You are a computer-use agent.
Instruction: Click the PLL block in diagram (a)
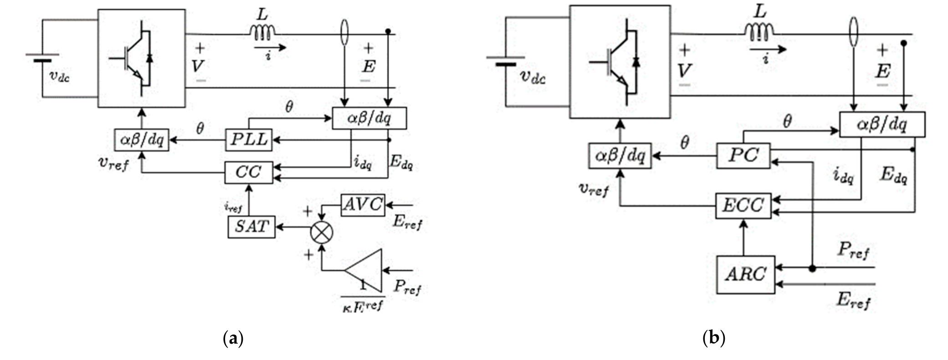(249, 139)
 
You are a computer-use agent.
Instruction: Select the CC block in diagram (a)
(249, 172)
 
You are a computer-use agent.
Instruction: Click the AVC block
(363, 205)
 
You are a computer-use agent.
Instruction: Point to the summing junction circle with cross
(322, 232)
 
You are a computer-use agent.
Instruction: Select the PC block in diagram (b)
(743, 156)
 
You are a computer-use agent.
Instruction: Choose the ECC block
(743, 206)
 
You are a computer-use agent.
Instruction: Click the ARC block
(745, 274)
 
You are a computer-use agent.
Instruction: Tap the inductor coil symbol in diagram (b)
(759, 31)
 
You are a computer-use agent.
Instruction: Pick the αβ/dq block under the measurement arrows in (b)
(882, 124)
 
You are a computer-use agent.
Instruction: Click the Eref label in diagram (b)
(853, 301)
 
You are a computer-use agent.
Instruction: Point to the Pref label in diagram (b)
(853, 250)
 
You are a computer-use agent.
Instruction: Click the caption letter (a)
(234, 339)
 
